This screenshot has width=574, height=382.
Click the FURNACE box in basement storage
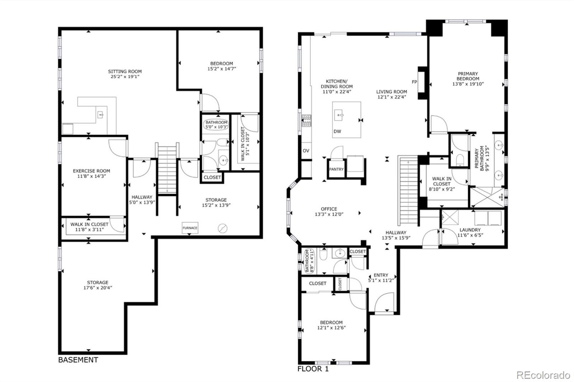190,228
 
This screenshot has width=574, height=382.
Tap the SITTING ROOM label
125,71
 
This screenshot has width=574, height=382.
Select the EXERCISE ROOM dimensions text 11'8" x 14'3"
91,176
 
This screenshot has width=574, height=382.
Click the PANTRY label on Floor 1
336,169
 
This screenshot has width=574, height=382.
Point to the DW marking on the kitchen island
337,131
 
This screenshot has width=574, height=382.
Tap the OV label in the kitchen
306,151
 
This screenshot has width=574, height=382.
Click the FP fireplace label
414,82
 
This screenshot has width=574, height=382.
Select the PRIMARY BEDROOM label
468,76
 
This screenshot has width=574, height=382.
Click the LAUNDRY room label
470,230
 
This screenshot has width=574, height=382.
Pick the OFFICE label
329,209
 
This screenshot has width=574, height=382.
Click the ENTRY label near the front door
381,275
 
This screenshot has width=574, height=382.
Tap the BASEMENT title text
78,360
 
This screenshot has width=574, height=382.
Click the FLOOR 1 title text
313,369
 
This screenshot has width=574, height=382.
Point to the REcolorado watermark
543,375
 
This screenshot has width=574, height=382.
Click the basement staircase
167,169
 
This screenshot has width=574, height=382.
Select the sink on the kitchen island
339,115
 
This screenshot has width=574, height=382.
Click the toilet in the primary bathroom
460,160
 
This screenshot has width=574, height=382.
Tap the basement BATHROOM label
216,122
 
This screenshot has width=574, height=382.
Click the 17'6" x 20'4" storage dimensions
98,288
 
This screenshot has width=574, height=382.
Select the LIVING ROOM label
391,92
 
